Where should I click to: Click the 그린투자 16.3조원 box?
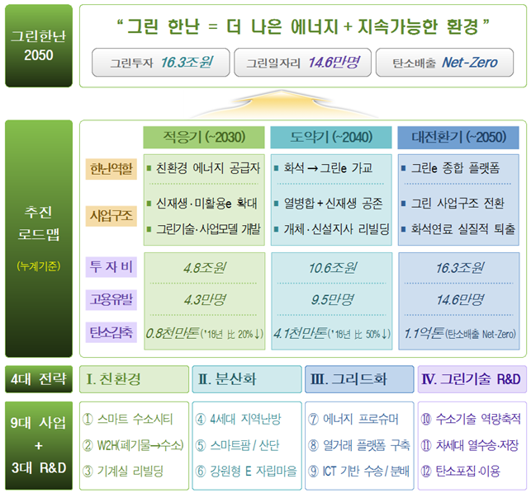tap(161, 62)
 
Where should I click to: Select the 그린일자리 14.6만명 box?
tap(303, 62)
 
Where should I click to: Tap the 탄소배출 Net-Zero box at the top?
tap(444, 62)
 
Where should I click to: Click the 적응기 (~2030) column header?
tap(204, 138)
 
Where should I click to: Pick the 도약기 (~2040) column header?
tap(331, 138)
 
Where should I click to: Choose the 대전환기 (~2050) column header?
tap(458, 138)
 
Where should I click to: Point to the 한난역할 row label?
tap(111, 169)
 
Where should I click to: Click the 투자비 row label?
tap(111, 267)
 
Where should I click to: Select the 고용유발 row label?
tap(111, 299)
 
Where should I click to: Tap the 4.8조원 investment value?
tap(205, 268)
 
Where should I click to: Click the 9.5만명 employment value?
tap(332, 299)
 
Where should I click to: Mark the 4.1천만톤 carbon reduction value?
tap(300, 333)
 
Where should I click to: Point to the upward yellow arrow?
tap(282, 103)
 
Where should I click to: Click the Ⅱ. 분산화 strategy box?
tap(247, 379)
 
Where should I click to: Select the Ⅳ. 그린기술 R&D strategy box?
tap(472, 379)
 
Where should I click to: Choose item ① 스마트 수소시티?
tap(128, 420)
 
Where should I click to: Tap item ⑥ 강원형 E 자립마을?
tap(246, 471)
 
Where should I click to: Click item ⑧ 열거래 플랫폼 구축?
tap(359, 445)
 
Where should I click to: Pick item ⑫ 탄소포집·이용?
tap(461, 471)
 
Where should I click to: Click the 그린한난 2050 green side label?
tap(39, 45)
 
